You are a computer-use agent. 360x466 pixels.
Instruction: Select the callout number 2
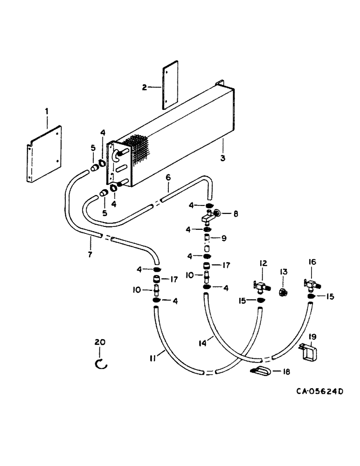point(145,87)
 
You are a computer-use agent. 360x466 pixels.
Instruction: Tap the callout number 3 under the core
point(223,158)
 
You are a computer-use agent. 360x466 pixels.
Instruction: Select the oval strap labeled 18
point(259,371)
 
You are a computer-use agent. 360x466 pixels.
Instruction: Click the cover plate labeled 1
point(44,154)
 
